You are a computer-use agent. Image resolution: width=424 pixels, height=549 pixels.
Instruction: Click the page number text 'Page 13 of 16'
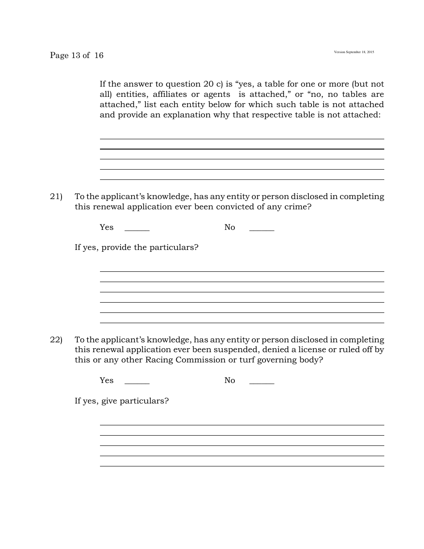[x=77, y=55]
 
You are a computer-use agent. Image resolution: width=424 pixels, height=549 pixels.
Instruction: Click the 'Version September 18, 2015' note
[x=354, y=52]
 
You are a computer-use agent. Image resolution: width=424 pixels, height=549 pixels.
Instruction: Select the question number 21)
[x=56, y=197]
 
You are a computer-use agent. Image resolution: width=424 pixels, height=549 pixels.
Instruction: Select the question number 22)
[x=56, y=340]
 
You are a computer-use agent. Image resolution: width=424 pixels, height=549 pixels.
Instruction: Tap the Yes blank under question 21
[x=137, y=229]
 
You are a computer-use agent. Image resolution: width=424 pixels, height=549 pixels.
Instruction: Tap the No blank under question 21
[x=262, y=229]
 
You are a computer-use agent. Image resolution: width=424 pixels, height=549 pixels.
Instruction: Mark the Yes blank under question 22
[x=137, y=382]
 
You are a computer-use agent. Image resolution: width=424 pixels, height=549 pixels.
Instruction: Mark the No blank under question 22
[x=262, y=382]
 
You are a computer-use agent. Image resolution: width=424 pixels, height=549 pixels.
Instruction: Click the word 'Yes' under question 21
[x=107, y=227]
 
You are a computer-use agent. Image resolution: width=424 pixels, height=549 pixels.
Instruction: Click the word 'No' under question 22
[x=229, y=380]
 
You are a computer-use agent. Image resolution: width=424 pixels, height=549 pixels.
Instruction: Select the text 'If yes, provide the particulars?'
[x=137, y=247]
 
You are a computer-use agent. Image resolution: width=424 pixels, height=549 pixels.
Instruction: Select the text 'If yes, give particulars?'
[x=122, y=401]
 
